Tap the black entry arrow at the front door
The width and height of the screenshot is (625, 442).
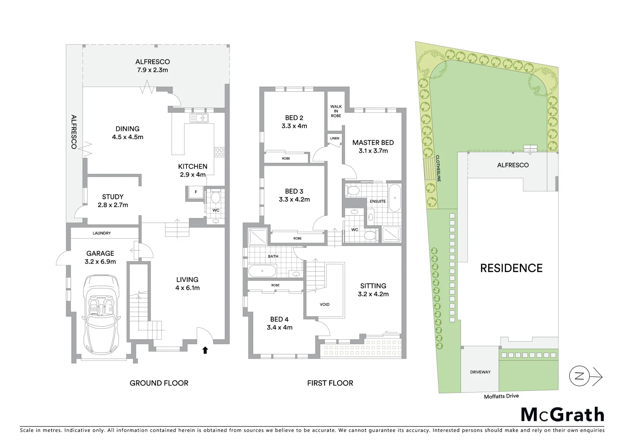click(205, 350)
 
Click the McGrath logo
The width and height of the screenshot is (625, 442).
click(562, 415)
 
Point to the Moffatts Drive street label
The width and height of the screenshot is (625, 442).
click(501, 396)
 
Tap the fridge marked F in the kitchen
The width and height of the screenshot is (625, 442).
click(196, 192)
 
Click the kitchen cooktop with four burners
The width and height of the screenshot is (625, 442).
click(219, 152)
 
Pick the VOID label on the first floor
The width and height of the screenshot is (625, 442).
click(324, 304)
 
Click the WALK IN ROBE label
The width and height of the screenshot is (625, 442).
click(336, 111)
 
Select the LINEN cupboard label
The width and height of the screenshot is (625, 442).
click(334, 138)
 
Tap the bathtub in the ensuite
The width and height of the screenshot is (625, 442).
click(394, 198)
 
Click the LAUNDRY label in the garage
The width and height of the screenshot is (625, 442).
click(101, 233)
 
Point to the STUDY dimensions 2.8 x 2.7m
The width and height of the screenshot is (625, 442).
click(113, 205)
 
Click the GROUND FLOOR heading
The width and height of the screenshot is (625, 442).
click(159, 383)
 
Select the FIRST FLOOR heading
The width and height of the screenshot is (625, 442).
click(330, 383)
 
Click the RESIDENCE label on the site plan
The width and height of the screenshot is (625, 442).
click(511, 268)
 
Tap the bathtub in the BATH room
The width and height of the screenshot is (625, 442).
click(262, 271)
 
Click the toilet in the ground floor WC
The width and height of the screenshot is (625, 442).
click(215, 198)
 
